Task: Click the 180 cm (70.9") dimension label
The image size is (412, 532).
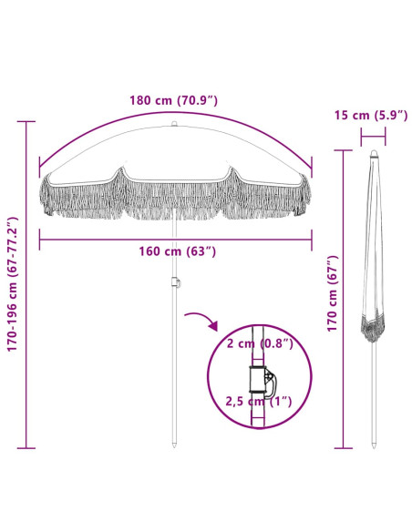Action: click(173, 100)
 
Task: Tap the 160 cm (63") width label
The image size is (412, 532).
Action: click(177, 251)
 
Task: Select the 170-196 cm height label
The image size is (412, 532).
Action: click(13, 284)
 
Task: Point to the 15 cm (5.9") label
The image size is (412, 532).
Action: click(371, 116)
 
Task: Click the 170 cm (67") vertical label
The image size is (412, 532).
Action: click(333, 294)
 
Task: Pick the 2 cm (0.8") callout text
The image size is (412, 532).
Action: click(260, 343)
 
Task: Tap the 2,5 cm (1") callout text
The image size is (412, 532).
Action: click(259, 402)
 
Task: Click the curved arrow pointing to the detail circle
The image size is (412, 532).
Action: click(203, 319)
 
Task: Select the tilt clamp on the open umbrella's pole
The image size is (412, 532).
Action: click(175, 282)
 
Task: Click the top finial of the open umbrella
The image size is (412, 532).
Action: click(174, 124)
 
